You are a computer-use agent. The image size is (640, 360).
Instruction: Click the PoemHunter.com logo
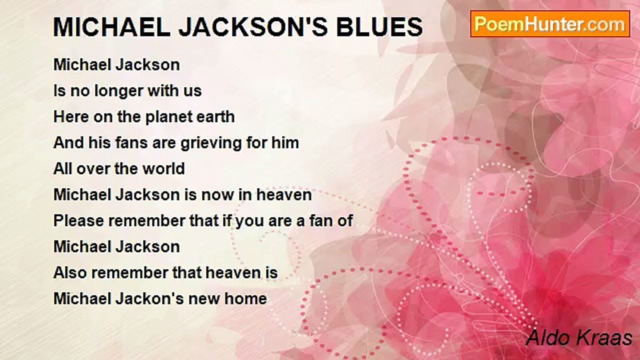pyautogui.click(x=550, y=24)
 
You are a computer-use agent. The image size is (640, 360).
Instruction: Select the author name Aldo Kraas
pyautogui.click(x=579, y=338)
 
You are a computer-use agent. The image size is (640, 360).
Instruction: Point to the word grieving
pyautogui.click(x=211, y=143)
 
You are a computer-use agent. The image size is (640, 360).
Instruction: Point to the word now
pyautogui.click(x=216, y=195)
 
